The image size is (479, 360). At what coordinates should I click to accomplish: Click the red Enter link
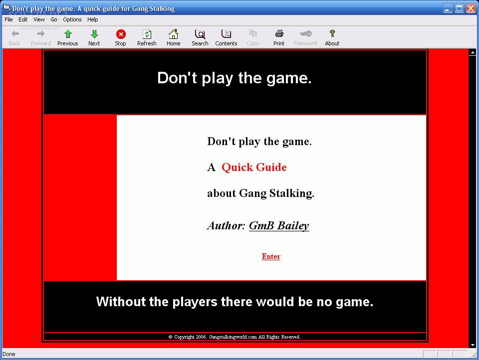271,256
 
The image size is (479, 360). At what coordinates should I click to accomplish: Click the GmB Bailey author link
279,226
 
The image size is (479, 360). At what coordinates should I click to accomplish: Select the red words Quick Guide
254,168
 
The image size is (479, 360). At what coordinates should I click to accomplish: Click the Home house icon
173,34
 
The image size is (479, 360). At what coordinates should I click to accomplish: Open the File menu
8,19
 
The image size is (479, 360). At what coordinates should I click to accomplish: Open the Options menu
72,19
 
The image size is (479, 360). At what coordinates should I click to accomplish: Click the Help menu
93,19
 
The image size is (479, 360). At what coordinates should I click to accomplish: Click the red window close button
471,8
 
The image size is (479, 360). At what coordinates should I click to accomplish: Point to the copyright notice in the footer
235,337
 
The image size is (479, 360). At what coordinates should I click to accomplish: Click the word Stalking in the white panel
292,193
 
